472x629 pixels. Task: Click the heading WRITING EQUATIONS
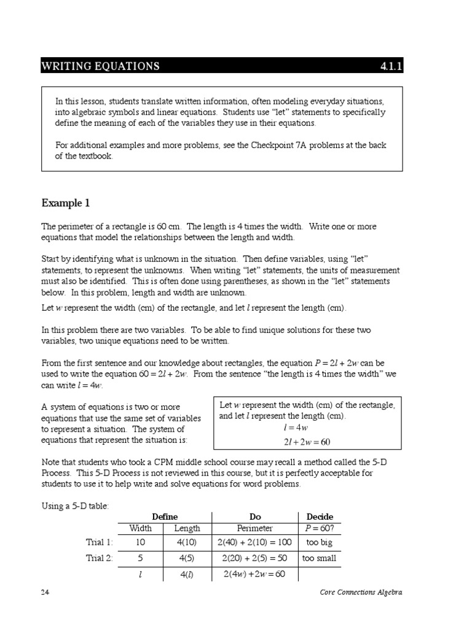[x=100, y=66]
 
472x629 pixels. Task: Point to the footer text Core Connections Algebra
[x=361, y=592]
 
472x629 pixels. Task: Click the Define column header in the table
[x=164, y=517]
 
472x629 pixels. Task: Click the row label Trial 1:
[x=100, y=542]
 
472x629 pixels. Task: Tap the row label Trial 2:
[x=100, y=559]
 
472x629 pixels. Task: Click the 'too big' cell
[x=319, y=542]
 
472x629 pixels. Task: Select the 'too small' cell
[x=319, y=559]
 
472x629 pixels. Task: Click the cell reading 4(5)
[x=187, y=559]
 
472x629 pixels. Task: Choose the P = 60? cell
[x=319, y=528]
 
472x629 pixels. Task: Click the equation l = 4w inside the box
[x=307, y=428]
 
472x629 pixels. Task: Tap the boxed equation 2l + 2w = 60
[x=307, y=442]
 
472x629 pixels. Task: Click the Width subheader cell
[x=140, y=528]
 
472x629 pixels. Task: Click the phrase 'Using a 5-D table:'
[x=74, y=505]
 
